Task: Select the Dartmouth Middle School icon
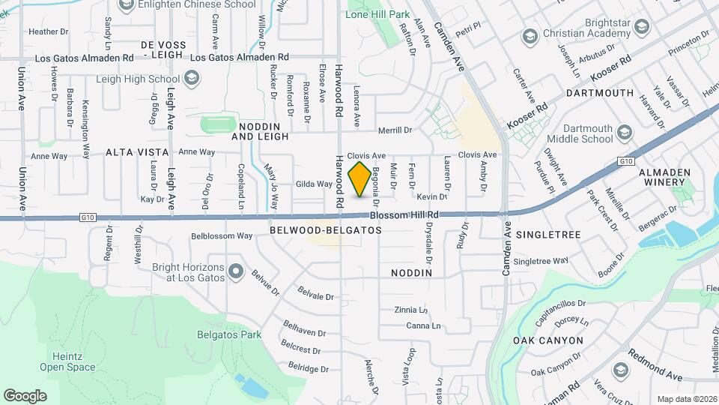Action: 624,133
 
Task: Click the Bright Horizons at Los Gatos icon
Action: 236,271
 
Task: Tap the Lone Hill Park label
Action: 377,14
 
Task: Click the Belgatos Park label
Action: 223,334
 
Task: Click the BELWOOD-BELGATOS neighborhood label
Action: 325,230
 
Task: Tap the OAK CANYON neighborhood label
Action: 548,340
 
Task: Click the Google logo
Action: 25,395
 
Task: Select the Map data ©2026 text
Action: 686,398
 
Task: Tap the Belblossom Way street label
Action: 222,235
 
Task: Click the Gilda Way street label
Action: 314,184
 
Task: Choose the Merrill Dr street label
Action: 396,130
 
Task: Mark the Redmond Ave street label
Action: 655,364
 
